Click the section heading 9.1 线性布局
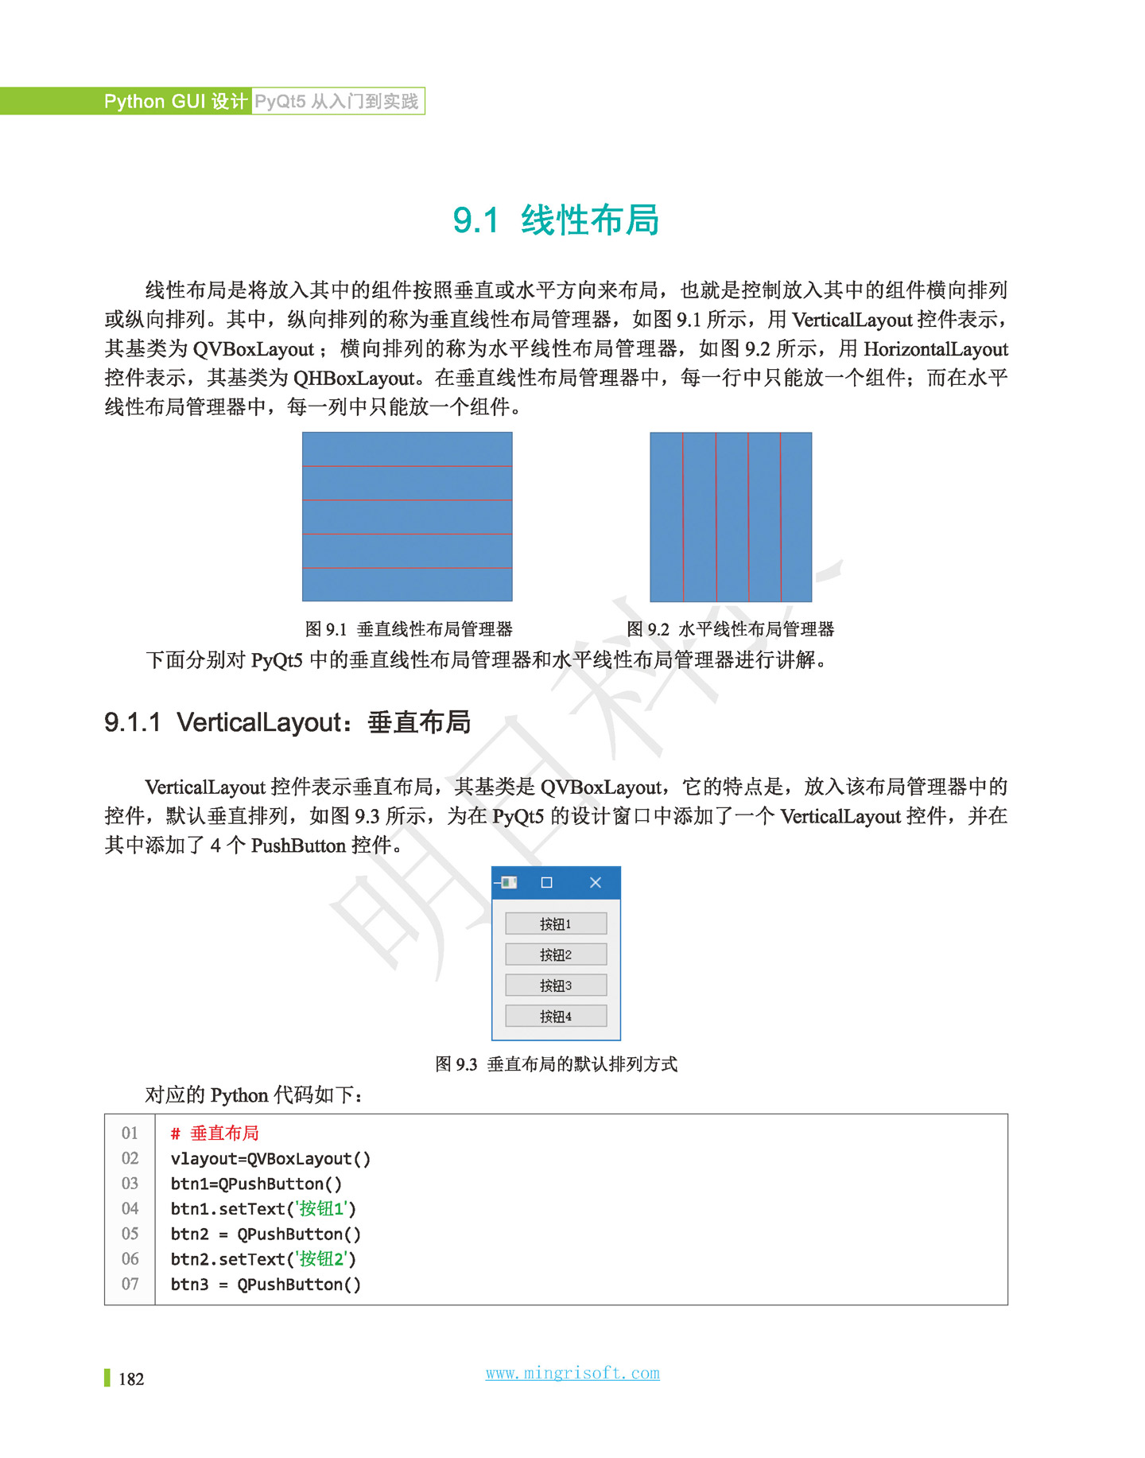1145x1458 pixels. pyautogui.click(x=556, y=220)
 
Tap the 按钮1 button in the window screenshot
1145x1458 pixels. pyautogui.click(x=556, y=923)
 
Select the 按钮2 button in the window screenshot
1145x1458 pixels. pyautogui.click(x=556, y=955)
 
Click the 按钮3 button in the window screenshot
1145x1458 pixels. pyautogui.click(x=556, y=986)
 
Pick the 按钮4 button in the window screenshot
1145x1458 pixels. pyautogui.click(x=556, y=1017)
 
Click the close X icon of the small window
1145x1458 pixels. pyautogui.click(x=596, y=882)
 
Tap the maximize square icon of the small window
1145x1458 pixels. pyautogui.click(x=546, y=882)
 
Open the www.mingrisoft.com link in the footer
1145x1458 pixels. pyautogui.click(x=572, y=1374)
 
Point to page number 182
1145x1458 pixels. pyautogui.click(x=131, y=1379)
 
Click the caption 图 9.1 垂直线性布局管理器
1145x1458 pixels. pyautogui.click(x=409, y=629)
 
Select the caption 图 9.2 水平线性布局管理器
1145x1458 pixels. pyautogui.click(x=730, y=629)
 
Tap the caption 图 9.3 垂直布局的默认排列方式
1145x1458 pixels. pyautogui.click(x=556, y=1064)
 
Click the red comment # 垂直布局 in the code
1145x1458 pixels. pyautogui.click(x=215, y=1133)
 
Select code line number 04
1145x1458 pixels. pyautogui.click(x=130, y=1209)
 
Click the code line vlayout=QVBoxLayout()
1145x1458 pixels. pyautogui.click(x=270, y=1159)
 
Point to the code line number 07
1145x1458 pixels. pyautogui.click(x=130, y=1285)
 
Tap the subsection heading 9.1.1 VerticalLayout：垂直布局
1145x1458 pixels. pyautogui.click(x=287, y=722)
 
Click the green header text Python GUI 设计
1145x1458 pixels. pyautogui.click(x=176, y=102)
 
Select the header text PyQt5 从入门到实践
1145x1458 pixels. pyautogui.click(x=336, y=102)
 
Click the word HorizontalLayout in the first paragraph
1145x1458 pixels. pyautogui.click(x=935, y=349)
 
